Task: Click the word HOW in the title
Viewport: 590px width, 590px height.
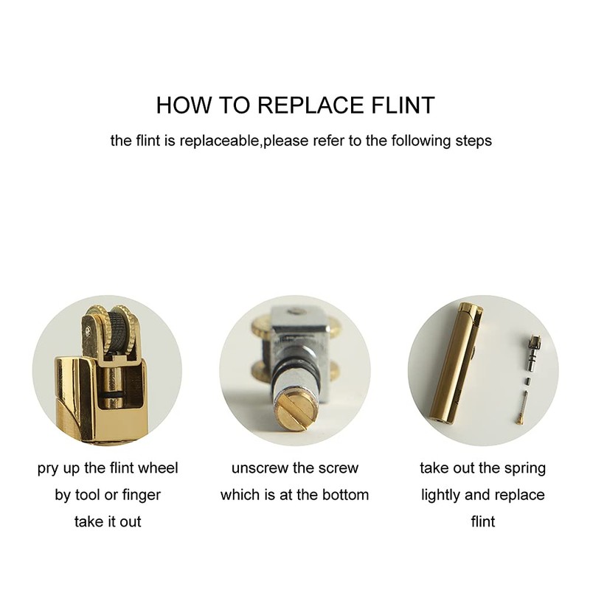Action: [x=184, y=105]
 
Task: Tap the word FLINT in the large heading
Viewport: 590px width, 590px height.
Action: [x=403, y=105]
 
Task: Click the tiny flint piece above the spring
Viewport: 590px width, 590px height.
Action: [x=527, y=381]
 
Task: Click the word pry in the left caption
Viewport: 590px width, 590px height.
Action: [x=47, y=469]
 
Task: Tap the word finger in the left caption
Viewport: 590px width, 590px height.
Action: [x=142, y=495]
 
